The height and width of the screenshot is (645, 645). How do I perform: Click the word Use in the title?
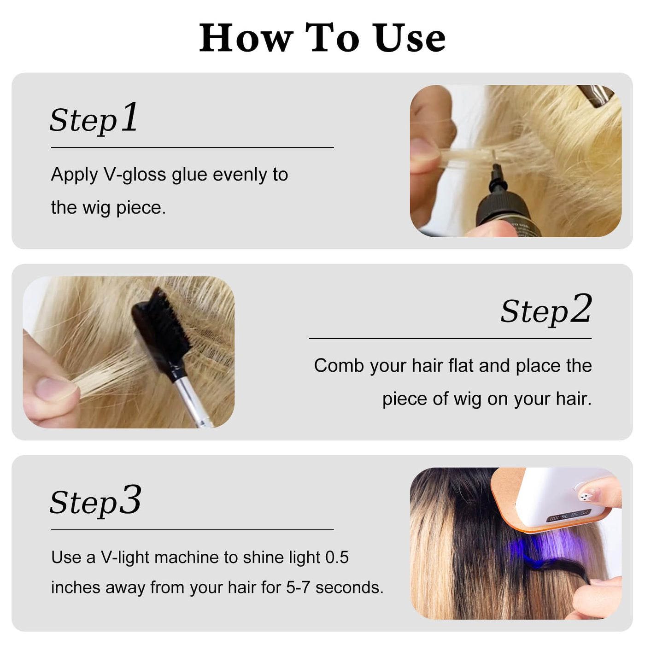[410, 37]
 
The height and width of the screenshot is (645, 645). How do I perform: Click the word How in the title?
[246, 37]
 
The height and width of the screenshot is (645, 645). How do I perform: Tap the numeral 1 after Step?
[129, 117]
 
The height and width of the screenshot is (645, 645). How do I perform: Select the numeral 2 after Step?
[581, 308]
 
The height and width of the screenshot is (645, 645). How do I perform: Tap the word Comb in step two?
[339, 365]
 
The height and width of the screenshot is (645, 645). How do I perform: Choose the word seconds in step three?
[349, 587]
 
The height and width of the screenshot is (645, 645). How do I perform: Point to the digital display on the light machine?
[569, 515]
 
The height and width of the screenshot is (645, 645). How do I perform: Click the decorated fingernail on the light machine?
[589, 494]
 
